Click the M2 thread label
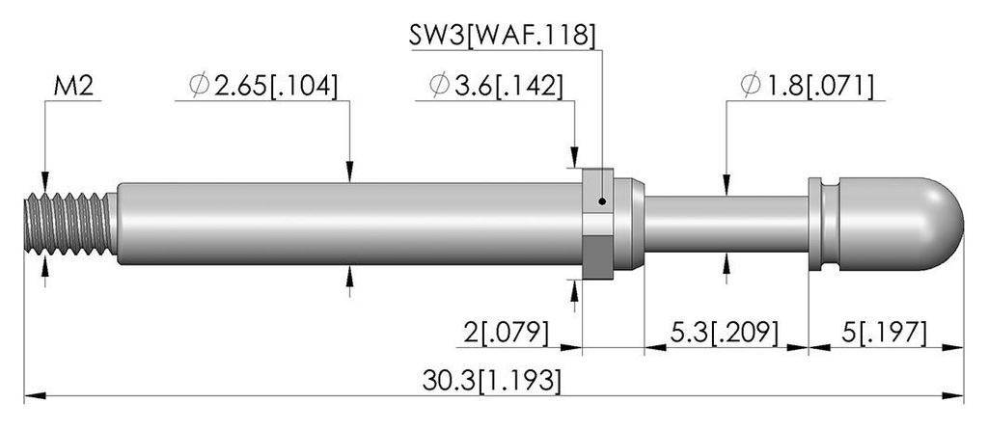click(73, 86)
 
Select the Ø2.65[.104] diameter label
click(263, 86)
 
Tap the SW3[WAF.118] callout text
click(502, 36)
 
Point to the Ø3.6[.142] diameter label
click(496, 86)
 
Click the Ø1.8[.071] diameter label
click(808, 86)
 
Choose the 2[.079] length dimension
click(507, 333)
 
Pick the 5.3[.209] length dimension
click(724, 333)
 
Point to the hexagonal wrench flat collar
click(597, 224)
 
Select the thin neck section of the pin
click(726, 224)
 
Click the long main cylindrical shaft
click(349, 224)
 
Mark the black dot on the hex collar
click(602, 201)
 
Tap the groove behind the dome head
click(831, 224)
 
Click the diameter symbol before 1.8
click(751, 86)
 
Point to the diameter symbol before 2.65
click(199, 86)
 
